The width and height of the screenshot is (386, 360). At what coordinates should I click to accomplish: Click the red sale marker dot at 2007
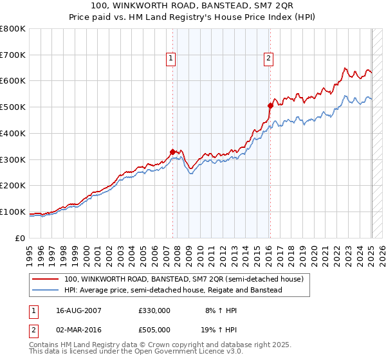click(172, 152)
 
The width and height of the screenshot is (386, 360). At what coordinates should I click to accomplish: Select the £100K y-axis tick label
click(14, 212)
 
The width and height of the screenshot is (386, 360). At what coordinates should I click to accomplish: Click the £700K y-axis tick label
click(14, 55)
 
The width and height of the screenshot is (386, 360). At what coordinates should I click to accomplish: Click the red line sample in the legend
click(46, 280)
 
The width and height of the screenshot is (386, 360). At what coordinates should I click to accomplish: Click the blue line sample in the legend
click(46, 291)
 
